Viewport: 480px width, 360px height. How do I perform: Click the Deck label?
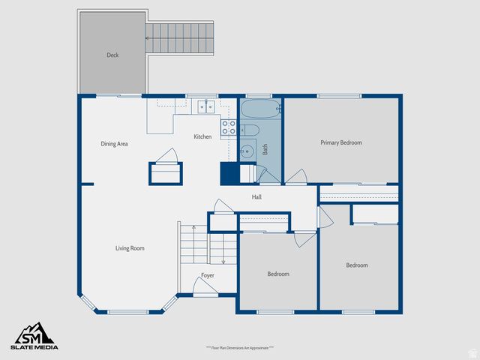tap(112, 55)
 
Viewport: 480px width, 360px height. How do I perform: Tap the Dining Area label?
tap(114, 143)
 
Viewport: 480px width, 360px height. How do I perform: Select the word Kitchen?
tap(202, 136)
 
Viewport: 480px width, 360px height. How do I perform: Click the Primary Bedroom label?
tap(341, 142)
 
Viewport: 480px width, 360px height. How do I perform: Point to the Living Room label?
tap(130, 248)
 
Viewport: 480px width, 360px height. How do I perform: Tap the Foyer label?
tap(208, 275)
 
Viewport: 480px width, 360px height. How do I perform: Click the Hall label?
tap(256, 197)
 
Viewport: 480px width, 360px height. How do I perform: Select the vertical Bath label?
tap(265, 149)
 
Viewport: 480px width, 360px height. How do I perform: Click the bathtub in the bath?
tap(260, 109)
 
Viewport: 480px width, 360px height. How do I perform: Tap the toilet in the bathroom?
tap(250, 133)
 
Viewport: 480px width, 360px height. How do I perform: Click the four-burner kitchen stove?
tap(228, 128)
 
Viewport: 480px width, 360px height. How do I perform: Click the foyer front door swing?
tap(204, 285)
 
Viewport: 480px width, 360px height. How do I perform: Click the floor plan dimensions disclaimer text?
tap(240, 348)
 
